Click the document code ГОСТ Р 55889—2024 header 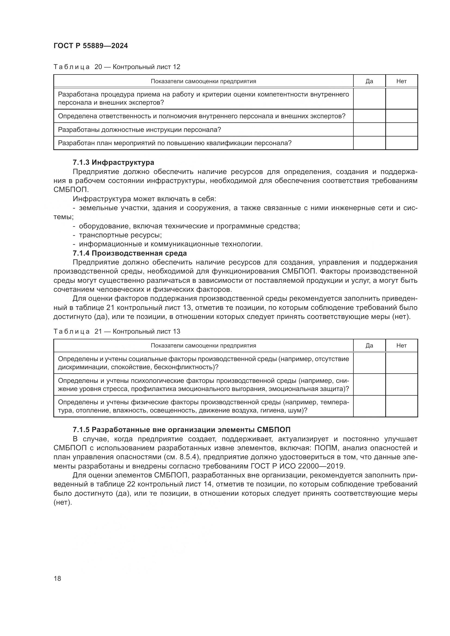pyautogui.click(x=91, y=46)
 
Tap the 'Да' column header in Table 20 pyautogui.click(x=369, y=81)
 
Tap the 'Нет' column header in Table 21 pyautogui.click(x=401, y=345)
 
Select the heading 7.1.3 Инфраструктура pyautogui.click(x=113, y=162)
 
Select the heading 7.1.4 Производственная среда pyautogui.click(x=130, y=253)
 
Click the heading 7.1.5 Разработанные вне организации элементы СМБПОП pyautogui.click(x=181, y=430)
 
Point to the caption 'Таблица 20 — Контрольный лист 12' pyautogui.click(x=117, y=67)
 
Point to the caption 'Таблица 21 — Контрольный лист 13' pyautogui.click(x=117, y=331)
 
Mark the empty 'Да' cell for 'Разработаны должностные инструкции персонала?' pyautogui.click(x=369, y=129)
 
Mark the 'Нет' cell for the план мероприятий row pyautogui.click(x=401, y=143)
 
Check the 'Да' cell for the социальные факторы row pyautogui.click(x=369, y=363)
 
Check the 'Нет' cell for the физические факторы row pyautogui.click(x=401, y=406)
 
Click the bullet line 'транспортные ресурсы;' pyautogui.click(x=120, y=235)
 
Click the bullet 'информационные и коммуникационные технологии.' pyautogui.click(x=170, y=244)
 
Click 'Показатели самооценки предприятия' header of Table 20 pyautogui.click(x=203, y=81)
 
